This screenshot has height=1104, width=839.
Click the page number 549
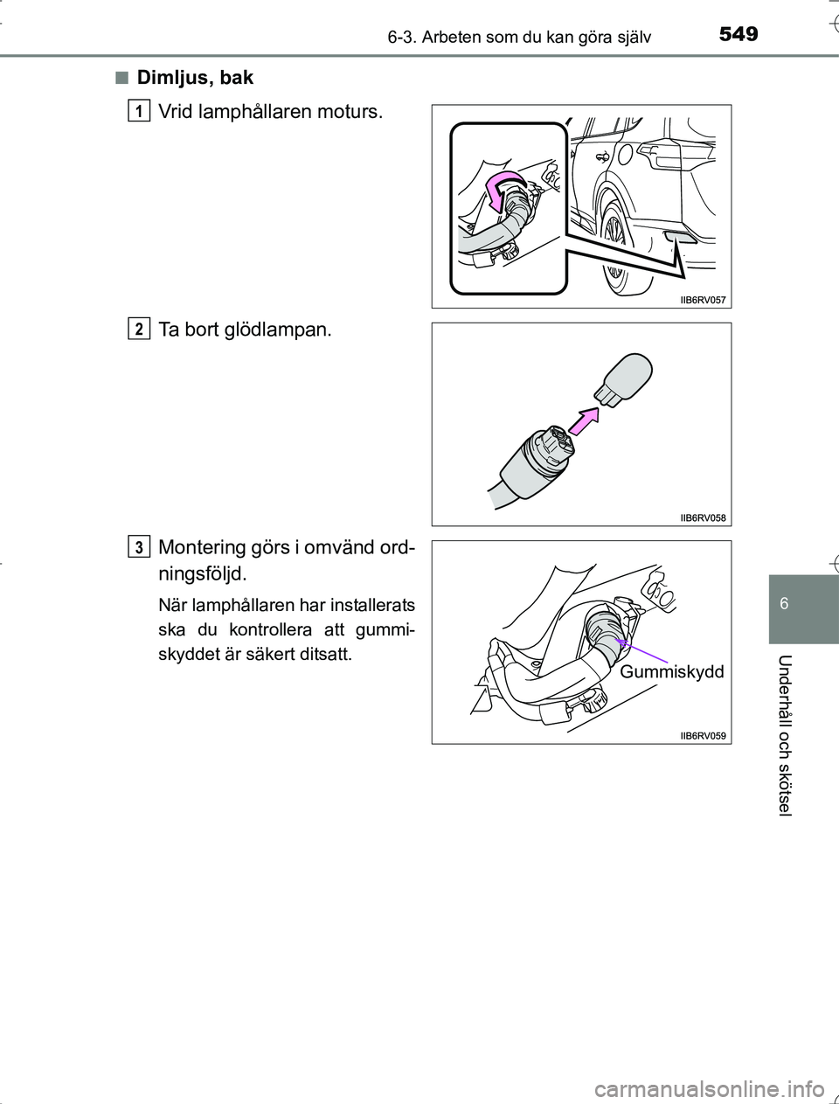(738, 35)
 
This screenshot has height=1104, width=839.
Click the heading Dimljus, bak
(195, 78)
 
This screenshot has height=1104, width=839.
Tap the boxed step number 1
(139, 111)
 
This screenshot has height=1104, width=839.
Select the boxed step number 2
(139, 329)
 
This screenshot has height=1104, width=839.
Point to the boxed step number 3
(139, 546)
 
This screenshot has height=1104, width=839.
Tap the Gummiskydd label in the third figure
(671, 671)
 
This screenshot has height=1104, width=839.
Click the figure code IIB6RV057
(703, 301)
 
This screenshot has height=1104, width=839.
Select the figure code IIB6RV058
(703, 518)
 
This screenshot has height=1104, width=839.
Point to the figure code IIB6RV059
(703, 736)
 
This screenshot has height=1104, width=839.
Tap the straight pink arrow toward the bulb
(584, 420)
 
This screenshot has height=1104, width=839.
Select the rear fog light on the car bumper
(680, 239)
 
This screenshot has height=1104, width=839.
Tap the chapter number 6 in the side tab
(784, 603)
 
